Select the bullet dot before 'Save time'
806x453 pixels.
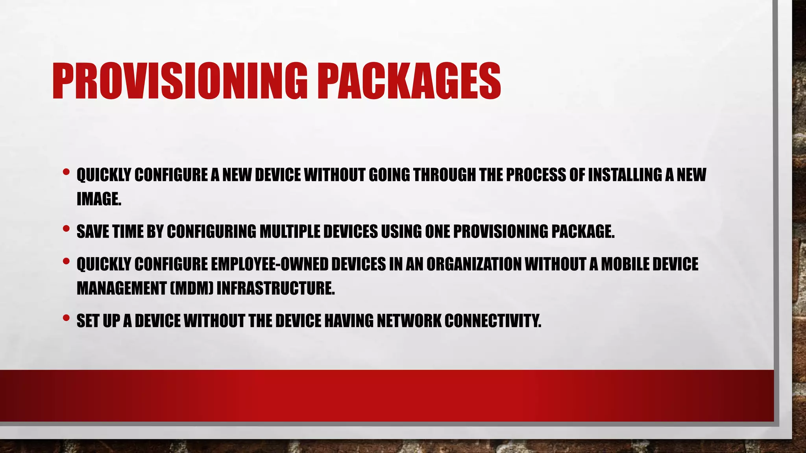(x=66, y=228)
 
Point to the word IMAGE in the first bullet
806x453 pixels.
(x=98, y=199)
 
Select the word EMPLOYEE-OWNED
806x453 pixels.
(x=269, y=264)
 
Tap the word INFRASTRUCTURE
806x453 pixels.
(x=275, y=288)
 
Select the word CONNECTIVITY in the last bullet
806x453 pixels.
(x=493, y=321)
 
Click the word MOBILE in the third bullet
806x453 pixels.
(x=625, y=264)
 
